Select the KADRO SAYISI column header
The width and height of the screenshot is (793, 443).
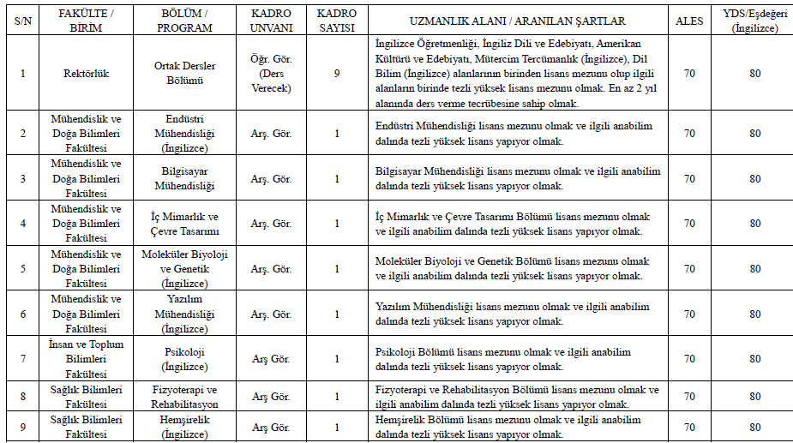pyautogui.click(x=337, y=21)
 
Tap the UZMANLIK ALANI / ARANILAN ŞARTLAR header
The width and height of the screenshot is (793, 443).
pyautogui.click(x=518, y=21)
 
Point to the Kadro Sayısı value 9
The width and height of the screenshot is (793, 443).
pyautogui.click(x=337, y=74)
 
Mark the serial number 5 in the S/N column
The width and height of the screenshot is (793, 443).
pyautogui.click(x=22, y=269)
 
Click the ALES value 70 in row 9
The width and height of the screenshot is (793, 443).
pyautogui.click(x=689, y=427)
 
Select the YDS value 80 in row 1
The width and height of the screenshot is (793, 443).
pyautogui.click(x=754, y=74)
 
